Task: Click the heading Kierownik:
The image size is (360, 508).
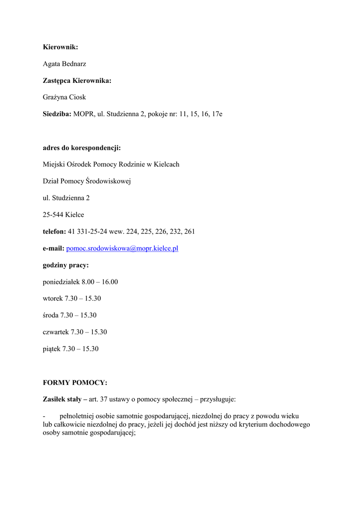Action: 61,47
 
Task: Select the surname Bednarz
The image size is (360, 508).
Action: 75,64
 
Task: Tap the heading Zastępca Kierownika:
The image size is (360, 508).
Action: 77,80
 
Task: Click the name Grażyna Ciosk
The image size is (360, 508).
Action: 64,97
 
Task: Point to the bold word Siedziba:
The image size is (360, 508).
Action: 57,114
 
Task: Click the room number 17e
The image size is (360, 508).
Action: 217,114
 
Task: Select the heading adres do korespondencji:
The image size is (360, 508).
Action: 82,147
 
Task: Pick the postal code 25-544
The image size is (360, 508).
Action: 53,215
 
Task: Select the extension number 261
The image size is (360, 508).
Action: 189,231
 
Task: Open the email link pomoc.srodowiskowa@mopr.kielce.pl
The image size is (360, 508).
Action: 122,248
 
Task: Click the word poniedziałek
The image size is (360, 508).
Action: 62,282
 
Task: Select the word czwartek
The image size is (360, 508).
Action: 56,332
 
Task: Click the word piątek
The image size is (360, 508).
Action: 52,349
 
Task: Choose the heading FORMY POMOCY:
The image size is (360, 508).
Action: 75,382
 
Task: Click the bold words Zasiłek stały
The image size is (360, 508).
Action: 62,399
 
